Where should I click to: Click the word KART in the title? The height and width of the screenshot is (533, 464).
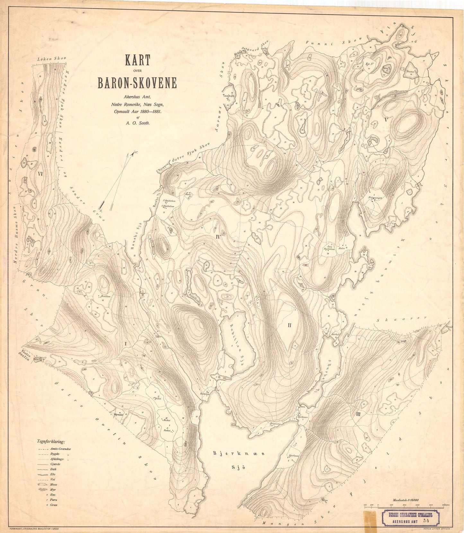click(x=137, y=60)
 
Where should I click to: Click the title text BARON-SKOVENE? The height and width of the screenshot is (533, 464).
click(x=137, y=83)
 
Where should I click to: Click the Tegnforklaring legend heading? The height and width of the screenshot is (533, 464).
click(x=51, y=442)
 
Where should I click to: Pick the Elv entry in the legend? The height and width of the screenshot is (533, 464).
click(x=53, y=474)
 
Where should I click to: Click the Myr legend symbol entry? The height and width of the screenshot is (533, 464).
click(x=53, y=490)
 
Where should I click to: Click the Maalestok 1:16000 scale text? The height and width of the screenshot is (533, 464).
click(x=407, y=501)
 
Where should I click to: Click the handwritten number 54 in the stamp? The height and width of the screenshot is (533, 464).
click(x=426, y=520)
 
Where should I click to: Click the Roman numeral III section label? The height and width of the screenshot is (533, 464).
click(x=359, y=414)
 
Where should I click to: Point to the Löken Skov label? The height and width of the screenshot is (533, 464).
click(x=51, y=59)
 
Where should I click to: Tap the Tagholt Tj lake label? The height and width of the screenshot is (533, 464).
click(x=229, y=97)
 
